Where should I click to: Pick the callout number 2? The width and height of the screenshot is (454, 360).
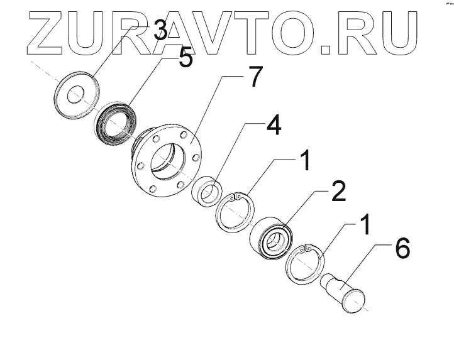(x=338, y=192)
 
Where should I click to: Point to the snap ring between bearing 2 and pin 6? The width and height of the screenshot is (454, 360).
(x=305, y=265)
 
